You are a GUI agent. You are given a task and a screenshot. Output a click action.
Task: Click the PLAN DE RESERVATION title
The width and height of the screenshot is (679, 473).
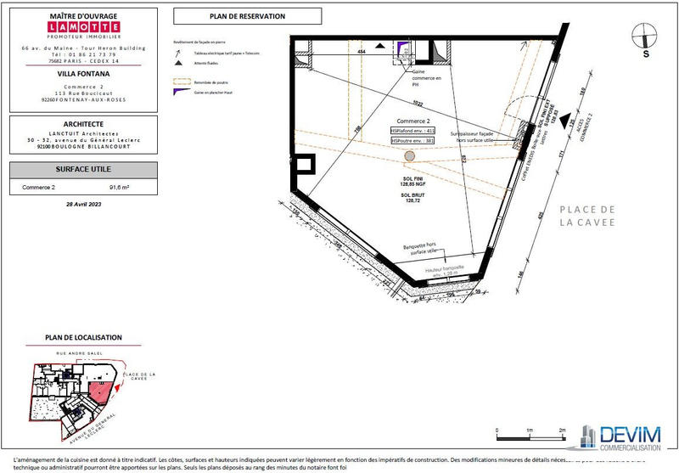click(246, 16)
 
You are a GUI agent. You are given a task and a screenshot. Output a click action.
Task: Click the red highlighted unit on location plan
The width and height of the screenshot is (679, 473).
click(101, 391)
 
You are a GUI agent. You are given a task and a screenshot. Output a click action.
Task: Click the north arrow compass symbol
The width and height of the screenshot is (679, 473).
click(647, 37)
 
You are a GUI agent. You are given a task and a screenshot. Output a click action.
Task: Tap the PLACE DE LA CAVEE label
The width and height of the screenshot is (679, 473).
click(587, 216)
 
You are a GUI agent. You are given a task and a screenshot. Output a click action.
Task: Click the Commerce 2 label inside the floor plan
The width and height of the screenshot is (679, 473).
click(412, 121)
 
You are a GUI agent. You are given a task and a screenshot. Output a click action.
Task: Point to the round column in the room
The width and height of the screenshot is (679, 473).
click(410, 156)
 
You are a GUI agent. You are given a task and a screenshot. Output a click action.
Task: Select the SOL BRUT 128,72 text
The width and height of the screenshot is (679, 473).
click(412, 199)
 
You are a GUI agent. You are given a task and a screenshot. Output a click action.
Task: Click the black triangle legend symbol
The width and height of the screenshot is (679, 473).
click(178, 64)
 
